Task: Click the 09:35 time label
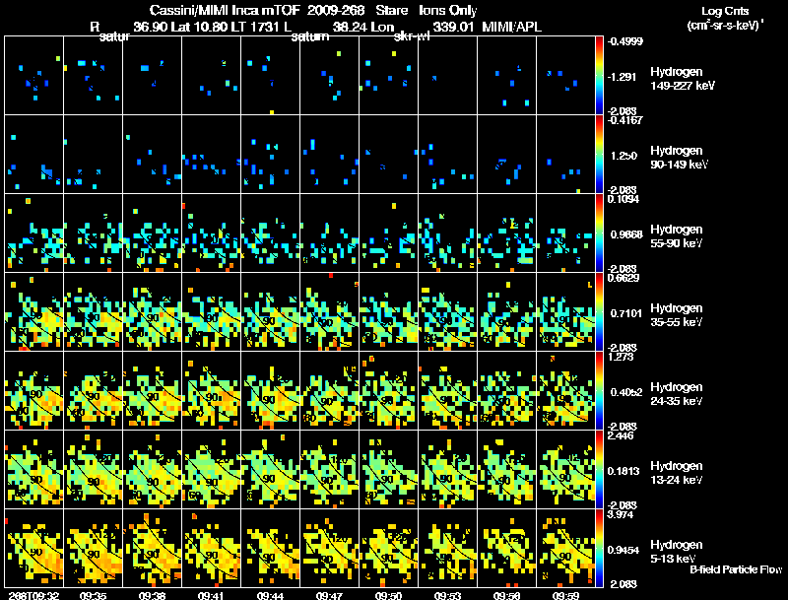coord(95,595)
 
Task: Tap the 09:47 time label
coord(331,595)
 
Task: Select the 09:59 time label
coord(568,595)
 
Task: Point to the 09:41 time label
coord(213,595)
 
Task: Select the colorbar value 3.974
coord(623,515)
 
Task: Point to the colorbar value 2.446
coord(623,436)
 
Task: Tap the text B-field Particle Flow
coord(736,569)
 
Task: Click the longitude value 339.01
coord(449,27)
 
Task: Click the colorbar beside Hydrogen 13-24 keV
coord(600,469)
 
